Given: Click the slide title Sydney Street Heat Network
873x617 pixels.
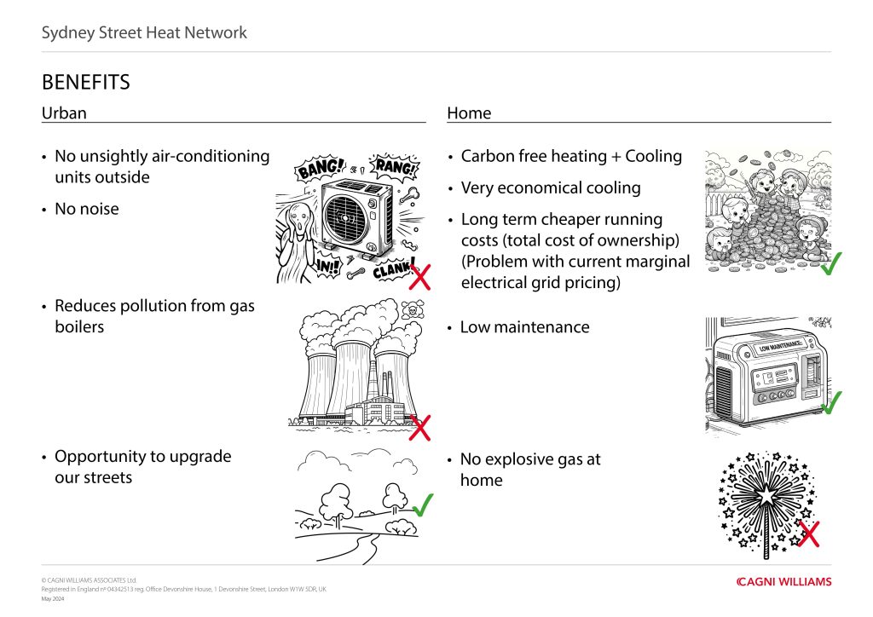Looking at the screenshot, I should (x=144, y=33).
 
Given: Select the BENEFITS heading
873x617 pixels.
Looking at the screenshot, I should (x=85, y=82).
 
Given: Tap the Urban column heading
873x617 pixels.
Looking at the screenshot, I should (x=64, y=112).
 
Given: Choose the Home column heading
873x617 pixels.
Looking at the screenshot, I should (x=469, y=112).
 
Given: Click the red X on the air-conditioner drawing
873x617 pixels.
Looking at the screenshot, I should (x=419, y=275).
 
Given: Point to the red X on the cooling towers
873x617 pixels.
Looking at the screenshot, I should (x=419, y=427).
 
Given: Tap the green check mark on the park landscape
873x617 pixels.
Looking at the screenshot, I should (x=421, y=505).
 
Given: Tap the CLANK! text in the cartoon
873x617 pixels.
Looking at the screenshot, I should (x=394, y=269).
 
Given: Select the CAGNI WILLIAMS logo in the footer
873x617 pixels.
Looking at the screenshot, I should (x=783, y=582).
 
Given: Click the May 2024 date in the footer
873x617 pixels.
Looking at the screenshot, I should (x=53, y=599).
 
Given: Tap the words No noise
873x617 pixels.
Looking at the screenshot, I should (x=86, y=209).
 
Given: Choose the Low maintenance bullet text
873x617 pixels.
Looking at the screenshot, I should (x=524, y=326).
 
